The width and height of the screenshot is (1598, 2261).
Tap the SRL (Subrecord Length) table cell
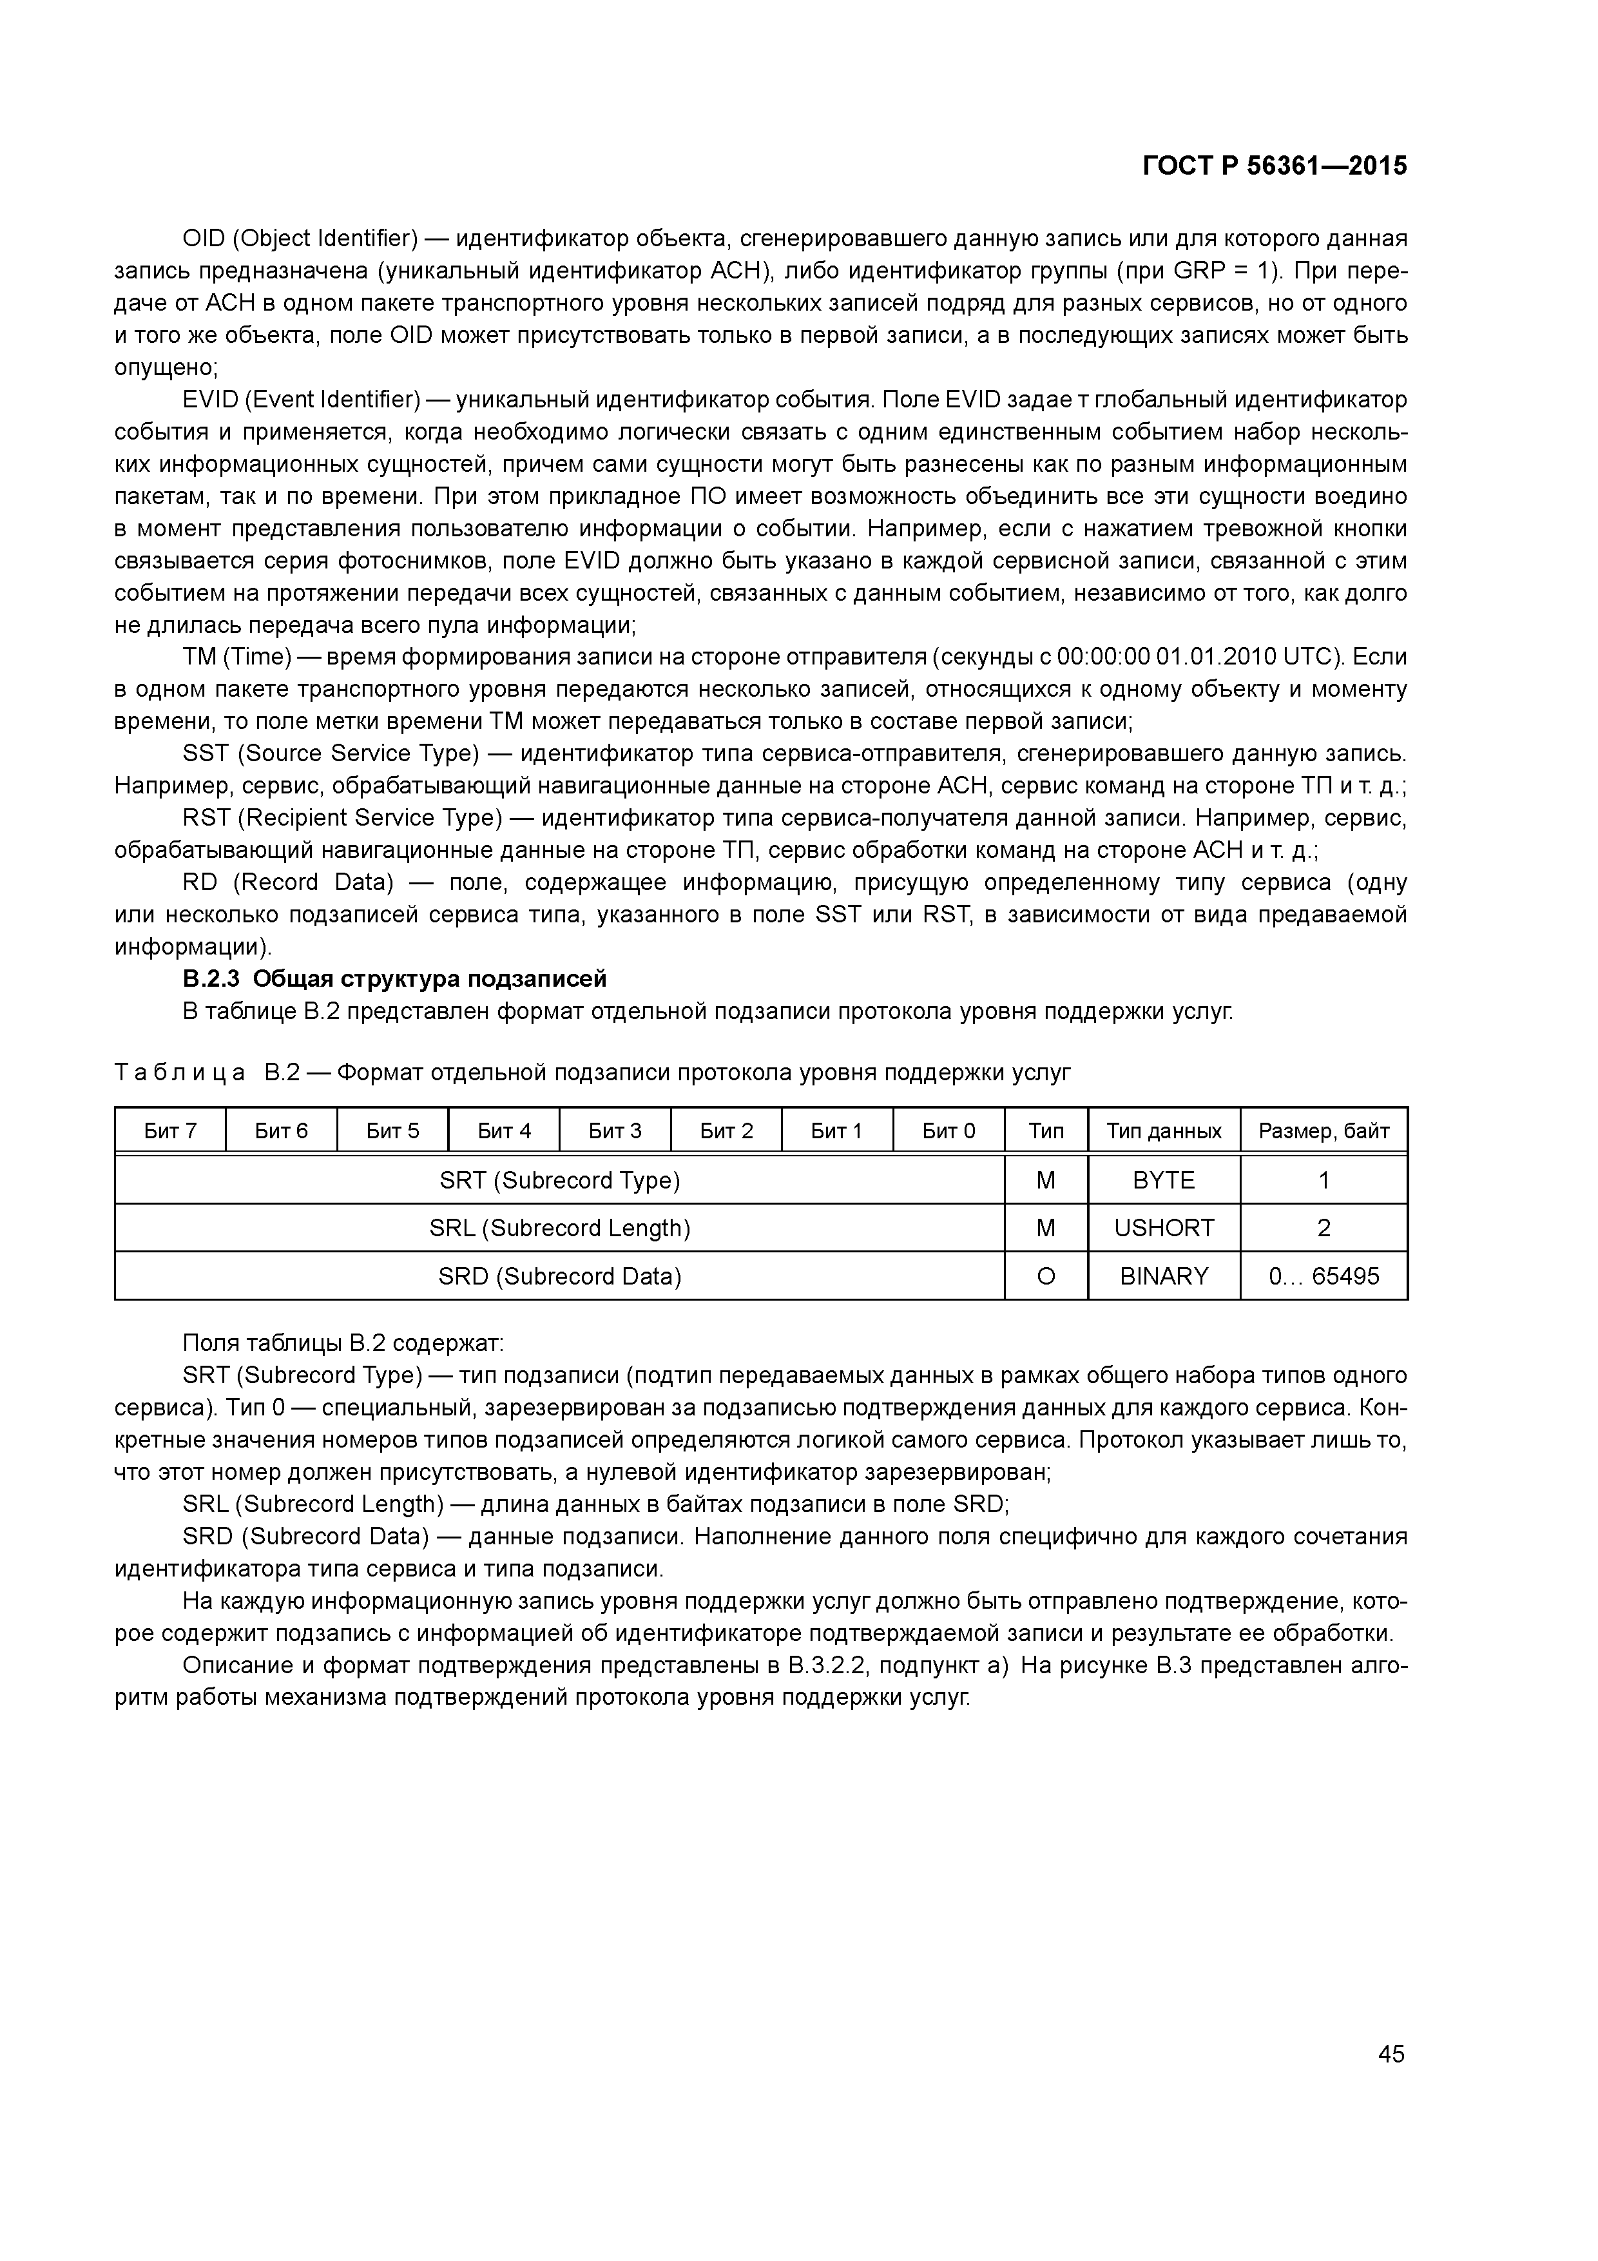click(x=559, y=1228)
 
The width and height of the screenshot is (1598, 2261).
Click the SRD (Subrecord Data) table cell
click(x=559, y=1276)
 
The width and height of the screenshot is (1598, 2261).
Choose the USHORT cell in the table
click(x=1163, y=1228)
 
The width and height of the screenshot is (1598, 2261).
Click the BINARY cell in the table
click(x=1163, y=1276)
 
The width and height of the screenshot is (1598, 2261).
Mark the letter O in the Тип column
click(x=1046, y=1276)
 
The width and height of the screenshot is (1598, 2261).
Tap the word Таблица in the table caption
click(x=179, y=1072)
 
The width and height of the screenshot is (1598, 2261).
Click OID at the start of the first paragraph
click(x=203, y=238)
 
